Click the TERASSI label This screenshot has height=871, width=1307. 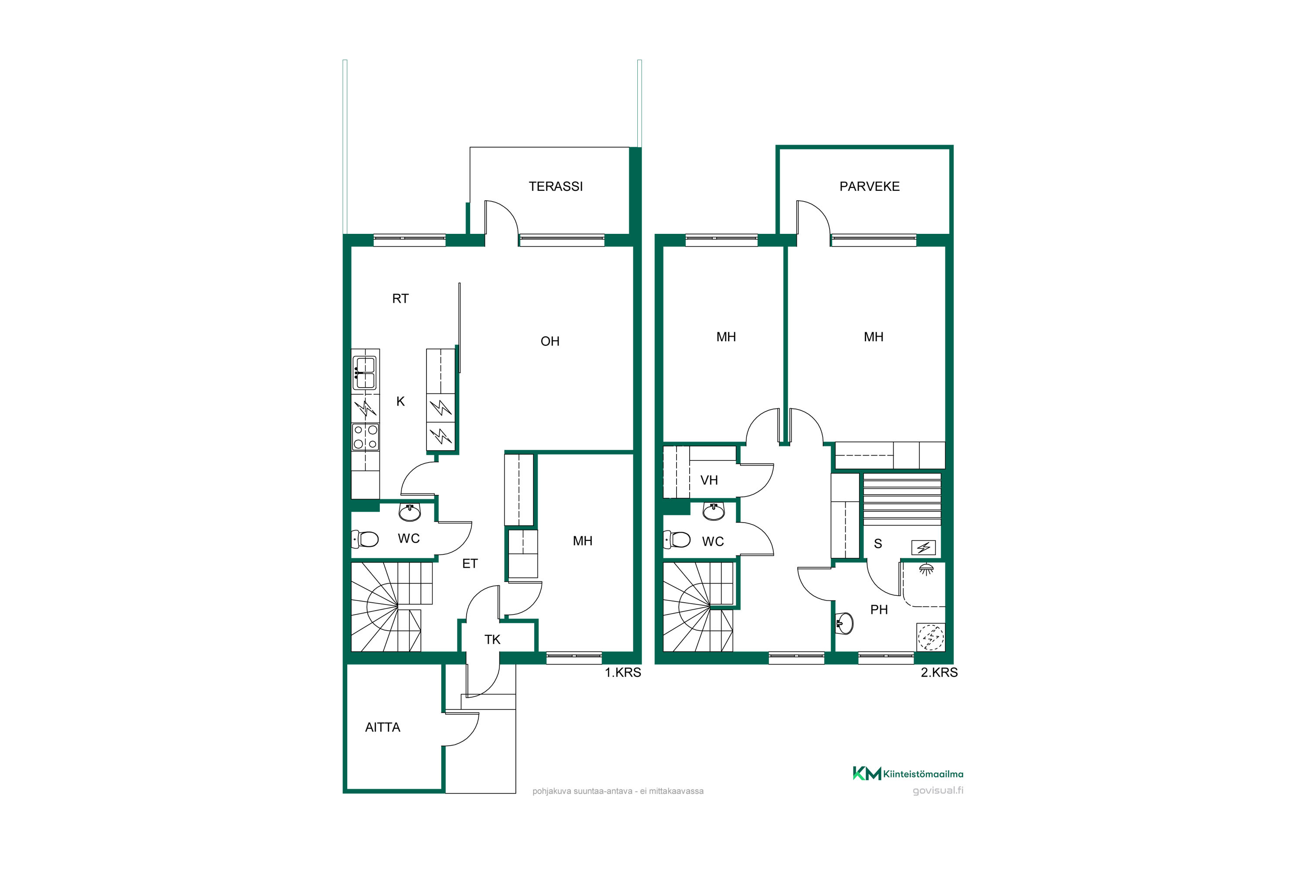click(556, 187)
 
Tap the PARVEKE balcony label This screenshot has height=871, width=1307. click(870, 187)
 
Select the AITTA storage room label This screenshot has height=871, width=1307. click(383, 728)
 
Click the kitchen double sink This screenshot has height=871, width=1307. click(365, 373)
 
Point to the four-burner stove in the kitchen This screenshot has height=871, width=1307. click(366, 437)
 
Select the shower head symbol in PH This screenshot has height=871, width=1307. click(926, 569)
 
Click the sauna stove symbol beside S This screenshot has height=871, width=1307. click(924, 548)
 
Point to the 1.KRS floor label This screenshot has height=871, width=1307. click(623, 673)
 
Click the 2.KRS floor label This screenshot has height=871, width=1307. click(939, 673)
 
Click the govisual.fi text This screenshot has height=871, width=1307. click(938, 790)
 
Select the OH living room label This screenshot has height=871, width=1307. click(550, 341)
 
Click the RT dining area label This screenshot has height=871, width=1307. click(400, 299)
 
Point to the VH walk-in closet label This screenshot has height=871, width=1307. click(709, 480)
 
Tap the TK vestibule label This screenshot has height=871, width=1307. click(492, 640)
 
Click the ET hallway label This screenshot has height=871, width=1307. click(470, 564)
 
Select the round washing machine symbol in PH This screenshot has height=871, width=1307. click(930, 637)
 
